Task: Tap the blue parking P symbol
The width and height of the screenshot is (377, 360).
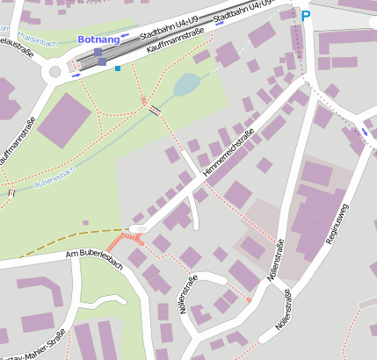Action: [306, 15]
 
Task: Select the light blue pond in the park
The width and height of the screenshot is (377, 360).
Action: [186, 84]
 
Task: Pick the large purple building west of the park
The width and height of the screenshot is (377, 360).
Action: [62, 120]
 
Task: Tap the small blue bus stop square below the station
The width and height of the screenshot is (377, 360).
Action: [118, 68]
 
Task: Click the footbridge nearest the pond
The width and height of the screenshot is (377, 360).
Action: [156, 110]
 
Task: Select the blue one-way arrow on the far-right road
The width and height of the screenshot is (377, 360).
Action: [365, 132]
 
